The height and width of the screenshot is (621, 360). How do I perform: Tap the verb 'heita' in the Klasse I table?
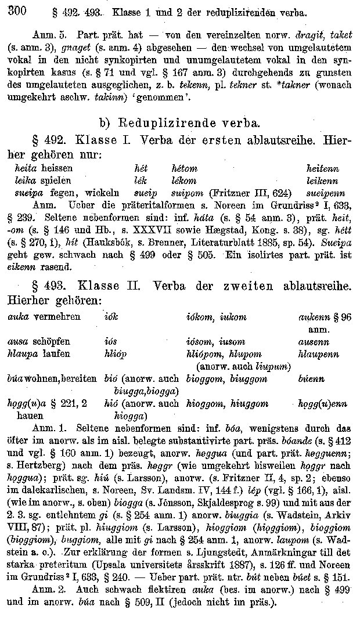(x=25, y=168)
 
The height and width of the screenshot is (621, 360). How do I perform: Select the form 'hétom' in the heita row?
(x=185, y=168)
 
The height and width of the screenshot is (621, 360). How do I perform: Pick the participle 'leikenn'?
(x=322, y=180)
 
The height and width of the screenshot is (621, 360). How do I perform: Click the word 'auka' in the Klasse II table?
(x=19, y=317)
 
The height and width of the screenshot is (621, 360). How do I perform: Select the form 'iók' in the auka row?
(x=111, y=317)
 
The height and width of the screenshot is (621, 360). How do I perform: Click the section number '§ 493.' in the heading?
(x=52, y=286)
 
